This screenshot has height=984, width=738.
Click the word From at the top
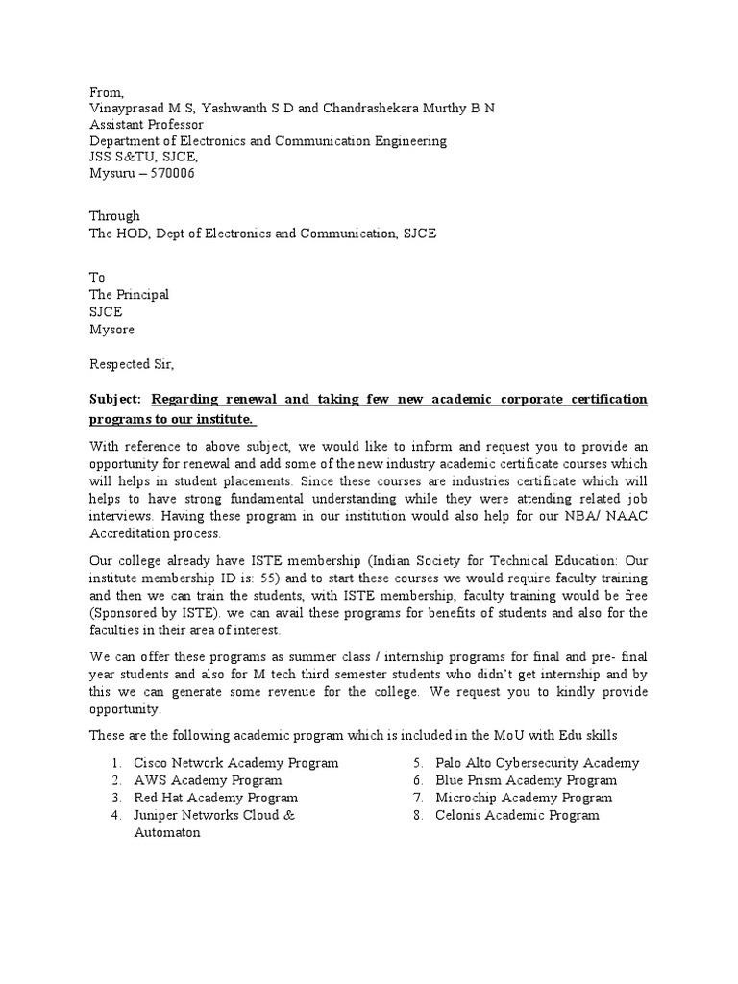[x=107, y=92]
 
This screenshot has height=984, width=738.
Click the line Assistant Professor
[x=146, y=124]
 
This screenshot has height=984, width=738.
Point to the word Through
[x=114, y=216]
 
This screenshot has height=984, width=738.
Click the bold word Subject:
[x=115, y=399]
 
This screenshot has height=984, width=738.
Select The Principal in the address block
[x=129, y=295]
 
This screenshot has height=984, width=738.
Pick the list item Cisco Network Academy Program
[x=235, y=763]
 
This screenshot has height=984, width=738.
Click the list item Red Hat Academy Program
[x=215, y=798]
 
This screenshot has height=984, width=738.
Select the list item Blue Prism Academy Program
[x=526, y=780]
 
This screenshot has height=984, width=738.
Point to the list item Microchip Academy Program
[x=523, y=798]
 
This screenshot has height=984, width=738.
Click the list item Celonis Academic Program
[x=517, y=815]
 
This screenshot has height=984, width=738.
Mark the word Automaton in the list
[x=166, y=833]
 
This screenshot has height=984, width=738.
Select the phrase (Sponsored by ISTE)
[x=153, y=613]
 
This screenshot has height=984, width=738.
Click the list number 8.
[x=418, y=815]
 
